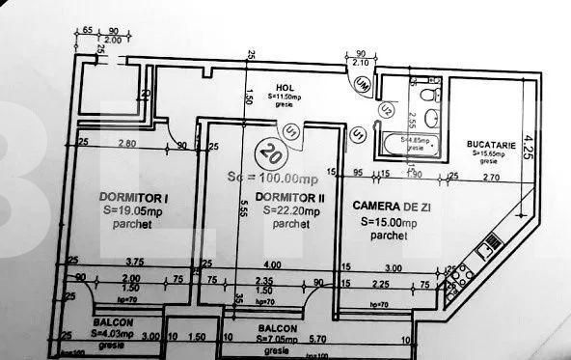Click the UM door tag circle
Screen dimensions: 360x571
click(x=363, y=86)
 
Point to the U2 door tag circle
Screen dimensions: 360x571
click(x=386, y=108)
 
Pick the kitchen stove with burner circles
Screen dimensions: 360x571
click(x=461, y=274)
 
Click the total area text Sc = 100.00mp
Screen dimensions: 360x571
click(x=273, y=178)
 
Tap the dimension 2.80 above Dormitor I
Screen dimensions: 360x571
click(x=126, y=144)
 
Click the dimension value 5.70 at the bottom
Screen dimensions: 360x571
click(x=317, y=339)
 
